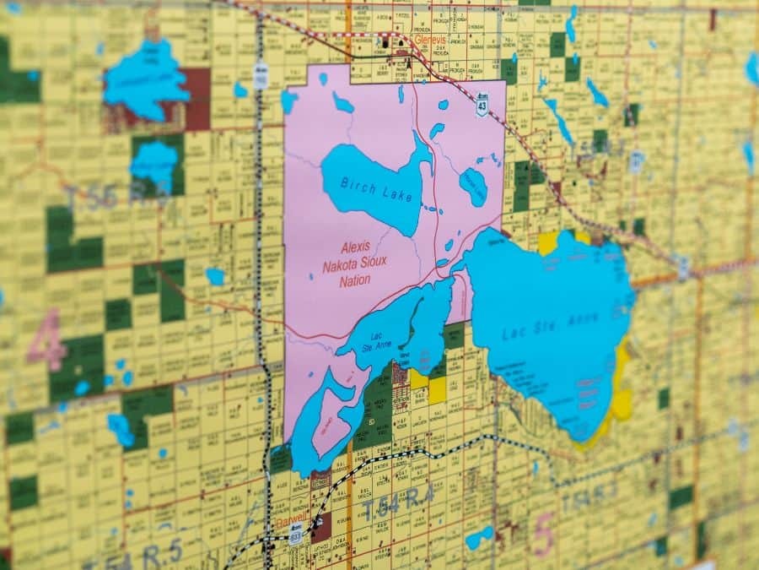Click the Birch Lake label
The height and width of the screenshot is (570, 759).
[x=378, y=188]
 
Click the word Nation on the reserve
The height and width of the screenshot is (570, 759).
[x=354, y=280]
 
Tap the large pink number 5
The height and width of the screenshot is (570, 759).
[x=544, y=535]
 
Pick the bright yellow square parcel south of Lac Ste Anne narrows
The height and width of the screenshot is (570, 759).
[x=437, y=388]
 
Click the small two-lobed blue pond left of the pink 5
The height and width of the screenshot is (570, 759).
[x=479, y=537]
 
